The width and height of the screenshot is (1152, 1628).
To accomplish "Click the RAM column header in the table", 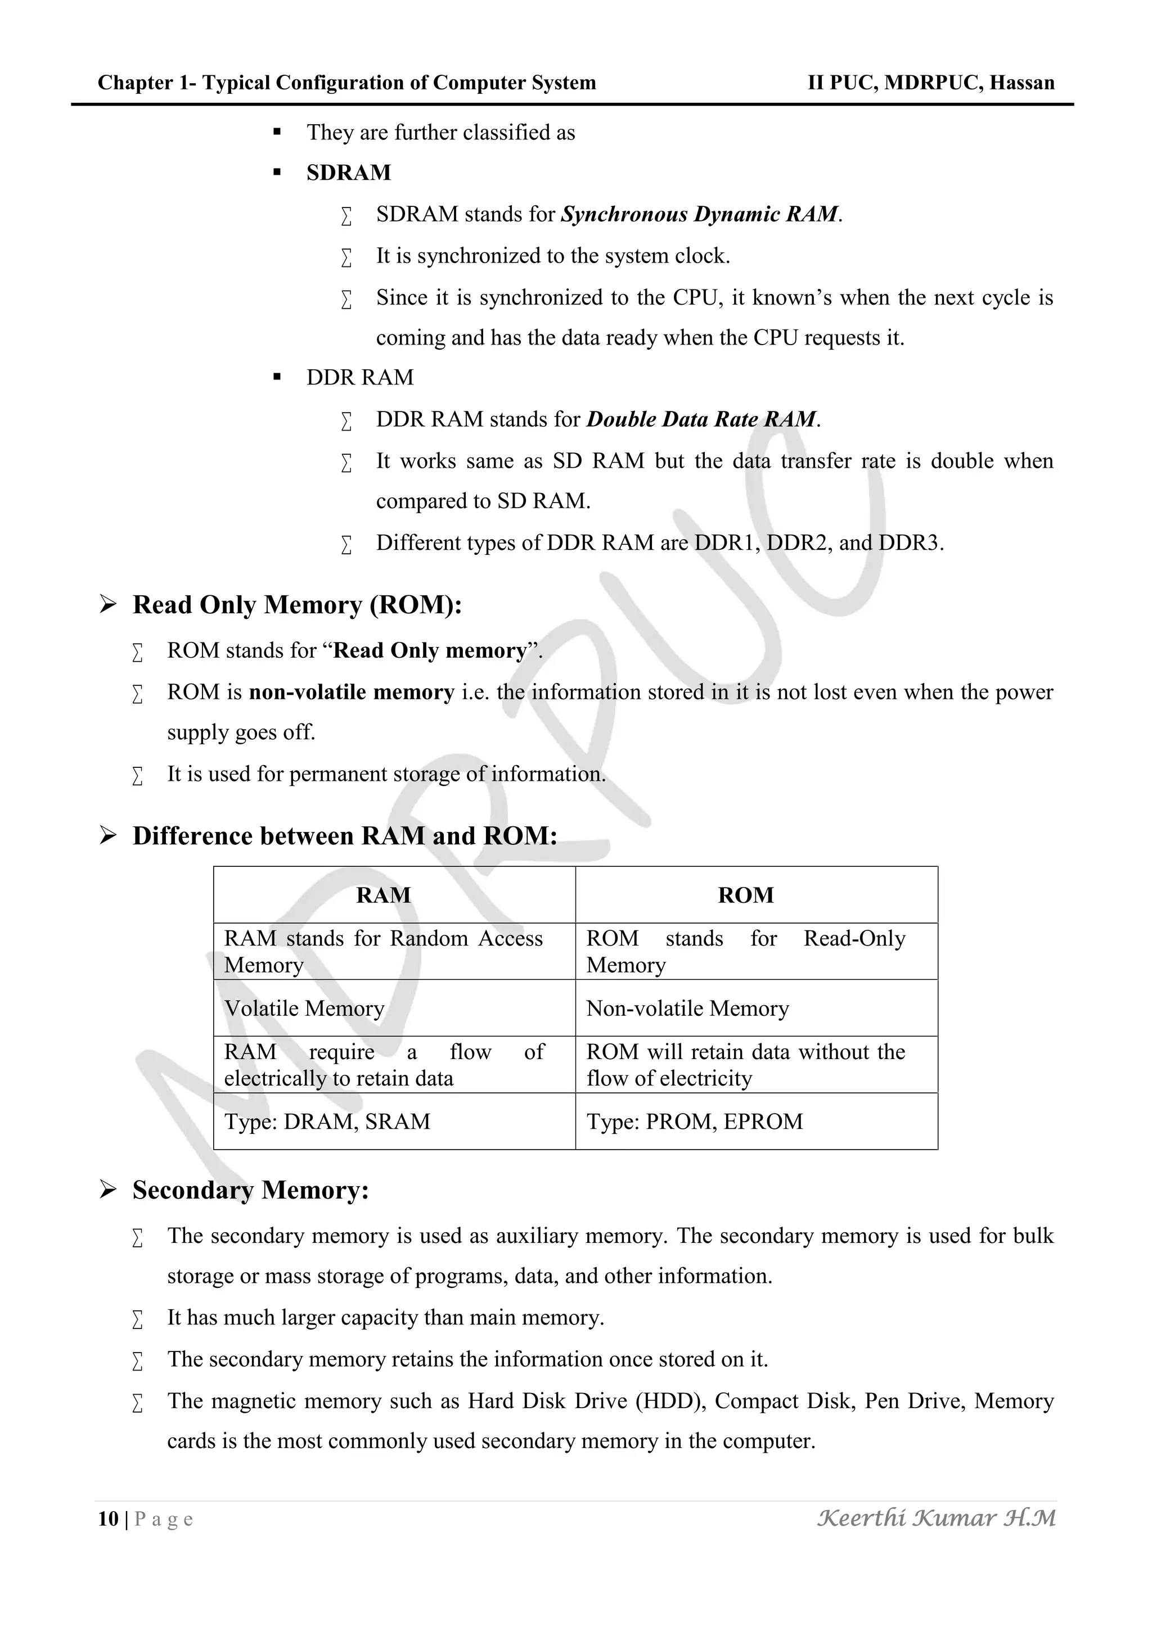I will [x=383, y=895].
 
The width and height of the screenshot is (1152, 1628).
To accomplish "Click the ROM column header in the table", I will [x=745, y=895].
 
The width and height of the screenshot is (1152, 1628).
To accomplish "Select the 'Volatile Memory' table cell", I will [x=304, y=1009].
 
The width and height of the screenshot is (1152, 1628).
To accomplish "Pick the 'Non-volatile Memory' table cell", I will [x=687, y=1009].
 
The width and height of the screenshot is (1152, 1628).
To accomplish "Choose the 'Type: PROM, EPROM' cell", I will [x=695, y=1121].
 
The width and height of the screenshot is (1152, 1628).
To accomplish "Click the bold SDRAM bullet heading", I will [x=348, y=173].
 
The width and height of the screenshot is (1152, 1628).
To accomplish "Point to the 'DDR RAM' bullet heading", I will [x=359, y=377].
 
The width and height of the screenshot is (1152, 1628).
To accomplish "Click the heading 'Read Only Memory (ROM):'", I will [x=297, y=605].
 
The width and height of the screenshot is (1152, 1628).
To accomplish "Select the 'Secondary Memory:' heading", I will [x=250, y=1190].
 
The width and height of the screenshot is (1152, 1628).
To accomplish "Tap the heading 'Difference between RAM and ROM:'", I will [x=345, y=836].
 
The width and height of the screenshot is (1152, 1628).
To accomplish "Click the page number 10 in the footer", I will [x=108, y=1519].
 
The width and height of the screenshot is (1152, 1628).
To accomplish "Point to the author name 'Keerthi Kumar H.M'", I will [x=937, y=1518].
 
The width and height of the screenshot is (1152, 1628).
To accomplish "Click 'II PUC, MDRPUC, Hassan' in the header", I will [x=931, y=83].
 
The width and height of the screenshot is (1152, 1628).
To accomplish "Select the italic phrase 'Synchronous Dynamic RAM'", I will [x=699, y=214].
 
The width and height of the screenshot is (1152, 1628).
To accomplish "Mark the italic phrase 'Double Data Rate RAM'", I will [x=701, y=419].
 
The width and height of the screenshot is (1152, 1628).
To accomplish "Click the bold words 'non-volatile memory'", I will [x=351, y=692].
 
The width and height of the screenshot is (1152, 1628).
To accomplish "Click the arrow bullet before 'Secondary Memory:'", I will [x=108, y=1190].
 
